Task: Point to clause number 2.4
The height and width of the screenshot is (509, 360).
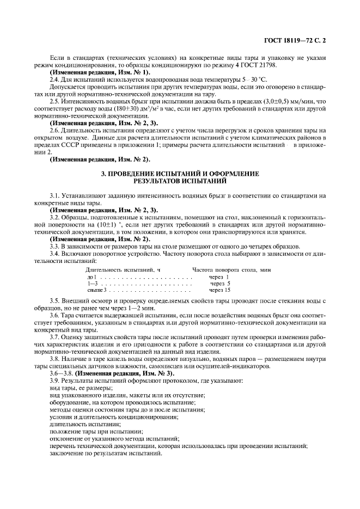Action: (54, 79)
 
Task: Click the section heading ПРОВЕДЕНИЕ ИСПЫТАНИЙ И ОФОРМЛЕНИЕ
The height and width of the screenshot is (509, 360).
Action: (180, 173)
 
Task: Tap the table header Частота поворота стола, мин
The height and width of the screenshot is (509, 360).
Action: (231, 270)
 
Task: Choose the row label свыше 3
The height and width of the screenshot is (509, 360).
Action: (95, 290)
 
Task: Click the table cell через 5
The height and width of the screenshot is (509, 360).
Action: (220, 284)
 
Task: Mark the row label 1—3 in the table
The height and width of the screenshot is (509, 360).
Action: (91, 284)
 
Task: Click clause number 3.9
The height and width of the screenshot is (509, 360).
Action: (54, 379)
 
